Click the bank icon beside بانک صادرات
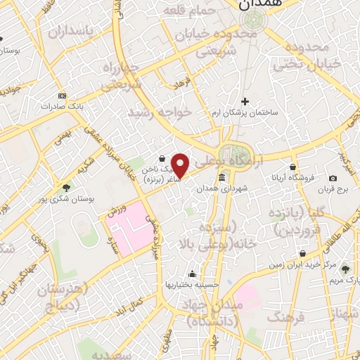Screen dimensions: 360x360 62,96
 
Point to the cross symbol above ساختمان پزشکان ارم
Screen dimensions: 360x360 245,101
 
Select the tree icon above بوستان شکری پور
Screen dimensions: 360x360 66,188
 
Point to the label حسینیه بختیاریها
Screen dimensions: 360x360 190,284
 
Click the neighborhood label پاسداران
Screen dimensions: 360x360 70,32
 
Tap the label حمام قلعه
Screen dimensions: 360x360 186,12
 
